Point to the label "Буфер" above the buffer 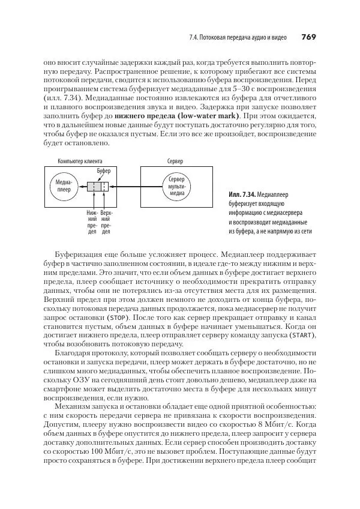(x=103, y=172)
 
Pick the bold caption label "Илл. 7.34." (x=242, y=195)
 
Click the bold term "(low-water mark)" (x=205, y=115)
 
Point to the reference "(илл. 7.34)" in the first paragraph (x=62, y=96)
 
